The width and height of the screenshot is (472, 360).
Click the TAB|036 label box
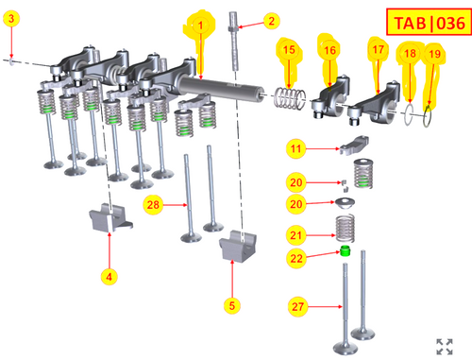(429, 22)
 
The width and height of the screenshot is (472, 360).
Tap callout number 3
(11, 18)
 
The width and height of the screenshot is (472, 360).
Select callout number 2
(271, 21)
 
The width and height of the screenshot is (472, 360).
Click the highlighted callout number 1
(200, 25)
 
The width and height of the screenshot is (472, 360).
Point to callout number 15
(289, 49)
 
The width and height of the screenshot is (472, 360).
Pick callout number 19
(434, 54)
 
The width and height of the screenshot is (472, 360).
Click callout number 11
(295, 148)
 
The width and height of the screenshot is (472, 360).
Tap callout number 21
(295, 235)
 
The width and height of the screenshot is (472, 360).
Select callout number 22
(296, 258)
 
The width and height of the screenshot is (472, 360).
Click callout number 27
(297, 306)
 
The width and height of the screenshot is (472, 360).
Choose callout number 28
(153, 205)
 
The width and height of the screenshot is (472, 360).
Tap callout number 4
(109, 277)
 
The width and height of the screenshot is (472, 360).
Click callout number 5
(232, 305)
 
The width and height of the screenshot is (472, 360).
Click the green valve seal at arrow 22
(346, 250)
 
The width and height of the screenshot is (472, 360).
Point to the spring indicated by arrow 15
(289, 98)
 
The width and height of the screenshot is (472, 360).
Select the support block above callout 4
(110, 217)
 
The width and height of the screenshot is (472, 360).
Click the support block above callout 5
(238, 246)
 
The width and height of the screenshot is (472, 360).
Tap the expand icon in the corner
(445, 347)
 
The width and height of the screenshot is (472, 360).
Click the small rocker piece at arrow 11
(354, 145)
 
